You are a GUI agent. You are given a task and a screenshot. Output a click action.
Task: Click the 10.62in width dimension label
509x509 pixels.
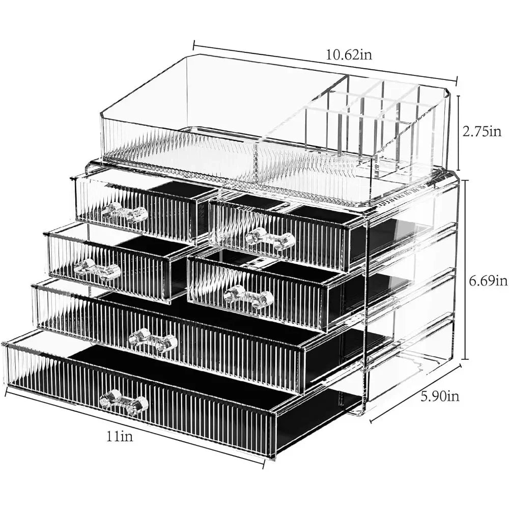[349, 55]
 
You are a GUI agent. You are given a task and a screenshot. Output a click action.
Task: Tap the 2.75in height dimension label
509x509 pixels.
[482, 131]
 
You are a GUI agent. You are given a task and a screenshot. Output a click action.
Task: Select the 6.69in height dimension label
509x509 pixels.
[488, 280]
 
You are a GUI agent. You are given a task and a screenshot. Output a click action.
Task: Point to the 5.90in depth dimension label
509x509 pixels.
[440, 396]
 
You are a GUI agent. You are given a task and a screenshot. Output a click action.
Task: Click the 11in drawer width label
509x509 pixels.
[120, 436]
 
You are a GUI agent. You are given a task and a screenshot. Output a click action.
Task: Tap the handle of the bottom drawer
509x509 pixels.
[124, 402]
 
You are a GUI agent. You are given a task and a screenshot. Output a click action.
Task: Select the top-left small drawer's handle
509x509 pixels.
[124, 212]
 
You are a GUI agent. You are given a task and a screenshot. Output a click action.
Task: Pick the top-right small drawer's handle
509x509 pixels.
[270, 239]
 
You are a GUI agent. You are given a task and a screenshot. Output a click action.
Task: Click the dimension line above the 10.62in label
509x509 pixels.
[325, 62]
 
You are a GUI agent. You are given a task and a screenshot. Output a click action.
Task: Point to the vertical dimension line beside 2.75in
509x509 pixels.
[459, 132]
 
